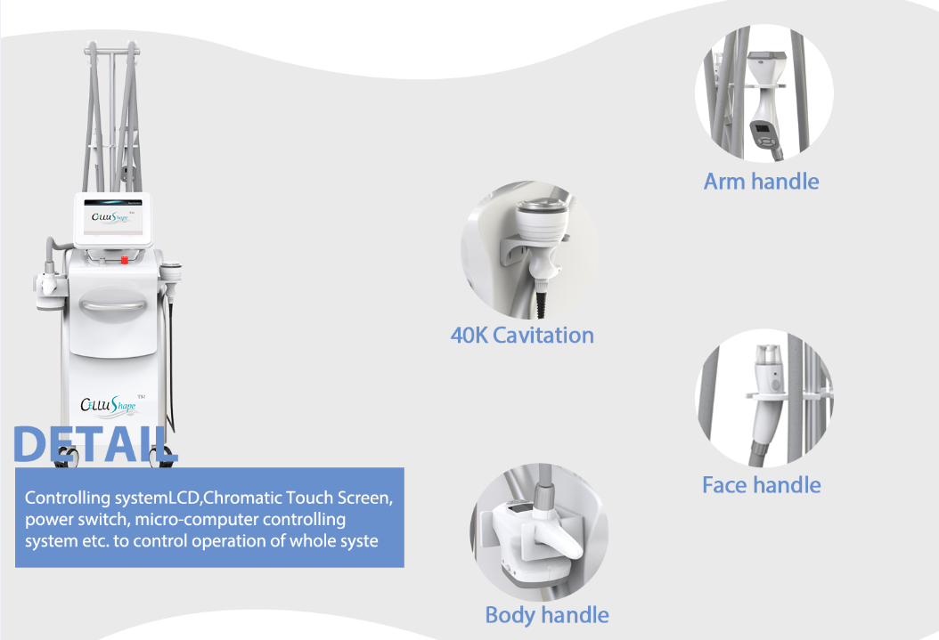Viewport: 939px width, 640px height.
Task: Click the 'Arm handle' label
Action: point(761,182)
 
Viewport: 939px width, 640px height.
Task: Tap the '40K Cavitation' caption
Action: point(522,336)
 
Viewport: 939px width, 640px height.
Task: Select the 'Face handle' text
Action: point(761,485)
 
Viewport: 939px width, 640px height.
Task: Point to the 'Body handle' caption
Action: point(547,615)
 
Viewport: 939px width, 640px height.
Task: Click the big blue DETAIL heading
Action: point(96,445)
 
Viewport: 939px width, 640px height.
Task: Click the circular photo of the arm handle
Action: point(763,93)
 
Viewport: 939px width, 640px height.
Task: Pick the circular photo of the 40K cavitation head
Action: point(530,251)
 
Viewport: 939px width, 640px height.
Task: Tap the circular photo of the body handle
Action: point(539,531)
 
